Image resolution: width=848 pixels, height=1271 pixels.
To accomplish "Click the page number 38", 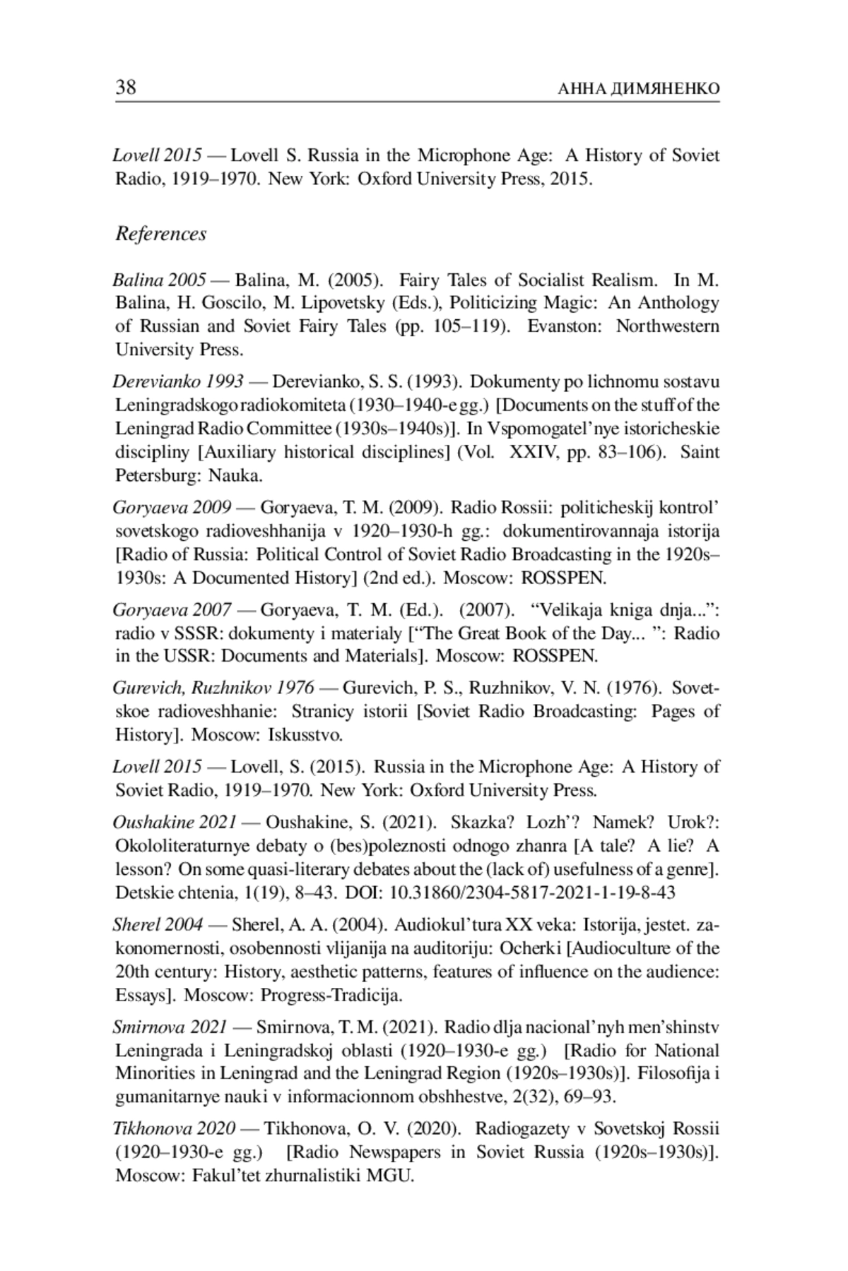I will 126,88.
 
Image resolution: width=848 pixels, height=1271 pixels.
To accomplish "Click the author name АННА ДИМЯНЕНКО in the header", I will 638,89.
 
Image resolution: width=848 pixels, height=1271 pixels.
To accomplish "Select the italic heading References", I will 161,234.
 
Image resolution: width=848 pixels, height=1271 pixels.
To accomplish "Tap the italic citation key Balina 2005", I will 160,280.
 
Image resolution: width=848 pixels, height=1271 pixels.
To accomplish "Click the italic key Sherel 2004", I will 158,924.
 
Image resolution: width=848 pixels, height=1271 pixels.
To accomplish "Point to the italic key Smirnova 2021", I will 170,1027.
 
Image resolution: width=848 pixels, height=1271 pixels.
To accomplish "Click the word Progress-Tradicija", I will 331,996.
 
